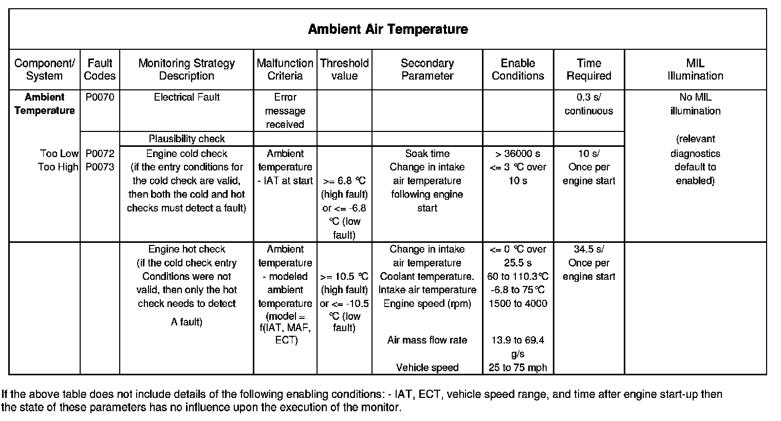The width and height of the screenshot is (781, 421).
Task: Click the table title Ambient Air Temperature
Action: tap(388, 29)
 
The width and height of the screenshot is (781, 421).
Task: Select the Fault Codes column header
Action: tap(100, 69)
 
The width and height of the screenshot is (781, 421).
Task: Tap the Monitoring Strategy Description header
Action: tap(187, 69)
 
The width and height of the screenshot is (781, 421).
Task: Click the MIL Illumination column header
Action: tap(695, 69)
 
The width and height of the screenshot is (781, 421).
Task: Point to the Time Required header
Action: tap(589, 69)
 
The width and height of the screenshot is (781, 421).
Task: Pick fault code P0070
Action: tap(100, 97)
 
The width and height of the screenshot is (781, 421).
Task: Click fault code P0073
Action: tap(100, 167)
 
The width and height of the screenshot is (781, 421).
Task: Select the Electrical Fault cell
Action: tap(187, 97)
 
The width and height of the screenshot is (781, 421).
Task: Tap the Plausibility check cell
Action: tap(187, 139)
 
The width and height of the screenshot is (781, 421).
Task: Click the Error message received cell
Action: tap(285, 111)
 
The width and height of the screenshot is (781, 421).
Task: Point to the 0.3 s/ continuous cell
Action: tap(589, 104)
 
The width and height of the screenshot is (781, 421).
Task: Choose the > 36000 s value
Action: tap(518, 154)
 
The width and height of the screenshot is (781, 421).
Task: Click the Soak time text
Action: tap(427, 154)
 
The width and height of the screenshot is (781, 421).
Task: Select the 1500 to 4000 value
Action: tap(518, 303)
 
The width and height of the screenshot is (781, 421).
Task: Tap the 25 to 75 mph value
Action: tap(518, 368)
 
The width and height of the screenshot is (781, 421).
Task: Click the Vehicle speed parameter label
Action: tap(427, 368)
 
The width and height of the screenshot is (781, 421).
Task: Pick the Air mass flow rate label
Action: tap(427, 340)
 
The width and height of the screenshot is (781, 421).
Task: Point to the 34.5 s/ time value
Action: tap(589, 249)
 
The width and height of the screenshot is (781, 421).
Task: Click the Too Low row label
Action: tap(59, 154)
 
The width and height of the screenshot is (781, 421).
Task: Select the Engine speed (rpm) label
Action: tap(427, 303)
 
